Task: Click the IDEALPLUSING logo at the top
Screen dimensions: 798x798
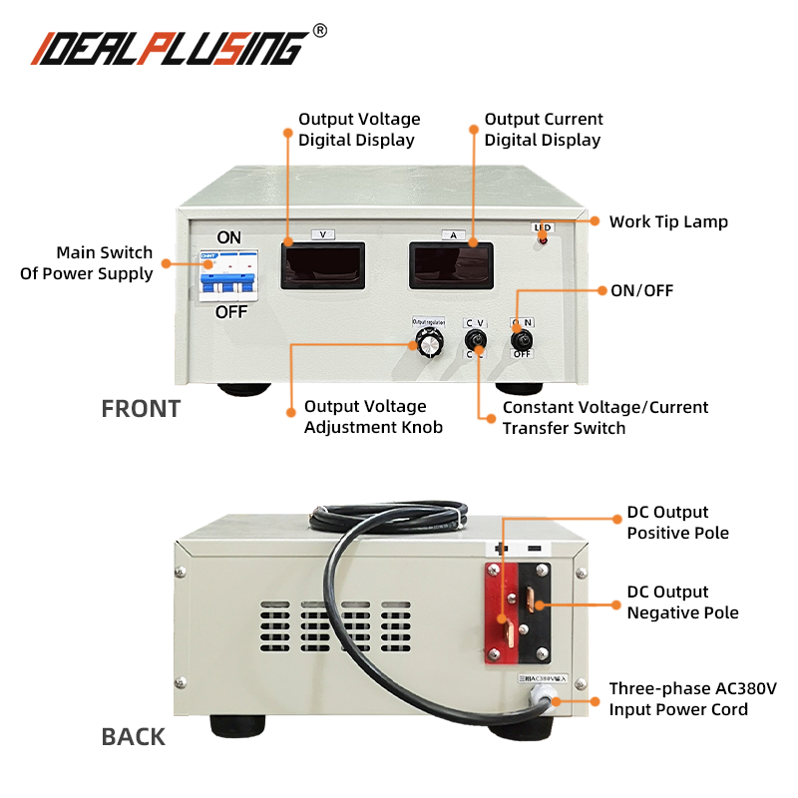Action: (x=170, y=47)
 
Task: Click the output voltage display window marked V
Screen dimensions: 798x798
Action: (x=322, y=265)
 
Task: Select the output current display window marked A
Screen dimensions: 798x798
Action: (x=451, y=265)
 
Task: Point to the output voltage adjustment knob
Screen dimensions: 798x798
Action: (x=429, y=343)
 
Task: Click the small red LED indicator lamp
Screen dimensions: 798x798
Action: (x=543, y=240)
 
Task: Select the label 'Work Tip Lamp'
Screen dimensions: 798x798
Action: (x=668, y=221)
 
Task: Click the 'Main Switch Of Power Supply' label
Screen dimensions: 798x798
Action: (x=88, y=263)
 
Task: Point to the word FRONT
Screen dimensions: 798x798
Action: (x=141, y=409)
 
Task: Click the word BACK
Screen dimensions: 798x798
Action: (x=133, y=737)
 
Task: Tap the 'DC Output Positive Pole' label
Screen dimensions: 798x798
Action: (x=677, y=523)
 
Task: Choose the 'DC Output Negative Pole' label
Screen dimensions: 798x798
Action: (x=682, y=602)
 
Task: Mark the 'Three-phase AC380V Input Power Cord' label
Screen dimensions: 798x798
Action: (x=692, y=699)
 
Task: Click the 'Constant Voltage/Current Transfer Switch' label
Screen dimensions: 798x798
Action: (x=605, y=417)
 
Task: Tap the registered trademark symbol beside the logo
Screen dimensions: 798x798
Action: (x=319, y=31)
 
